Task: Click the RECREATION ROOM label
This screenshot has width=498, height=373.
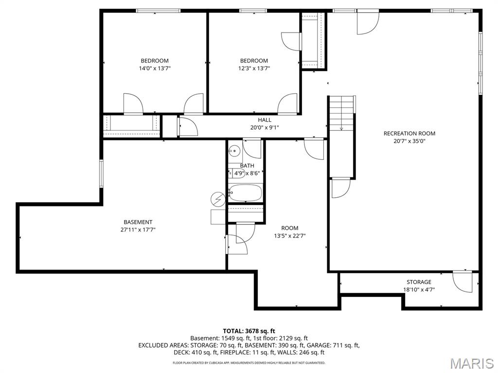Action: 409,134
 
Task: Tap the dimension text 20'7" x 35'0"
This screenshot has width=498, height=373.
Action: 409,141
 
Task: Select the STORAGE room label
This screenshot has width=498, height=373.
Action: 419,282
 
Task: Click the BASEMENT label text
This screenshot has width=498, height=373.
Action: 138,222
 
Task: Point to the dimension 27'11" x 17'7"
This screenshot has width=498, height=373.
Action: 138,230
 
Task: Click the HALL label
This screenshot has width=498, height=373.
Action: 265,120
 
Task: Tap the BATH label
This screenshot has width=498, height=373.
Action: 247,166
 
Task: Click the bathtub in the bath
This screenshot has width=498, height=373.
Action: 245,193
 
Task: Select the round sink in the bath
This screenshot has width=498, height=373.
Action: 235,151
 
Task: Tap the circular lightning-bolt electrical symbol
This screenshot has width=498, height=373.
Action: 218,199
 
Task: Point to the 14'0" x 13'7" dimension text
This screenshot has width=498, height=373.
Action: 155,68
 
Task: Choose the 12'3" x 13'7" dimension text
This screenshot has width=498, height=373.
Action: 253,68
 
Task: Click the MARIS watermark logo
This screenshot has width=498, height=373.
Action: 471,363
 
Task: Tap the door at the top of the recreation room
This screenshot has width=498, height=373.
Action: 368,22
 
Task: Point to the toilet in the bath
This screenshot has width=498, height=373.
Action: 234,173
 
